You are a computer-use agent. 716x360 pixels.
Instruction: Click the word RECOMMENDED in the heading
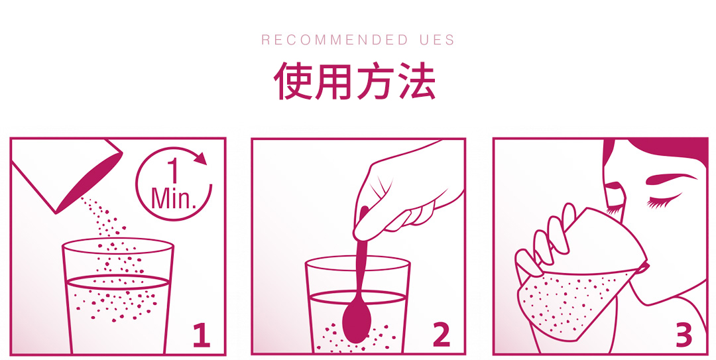pyautogui.click(x=328, y=40)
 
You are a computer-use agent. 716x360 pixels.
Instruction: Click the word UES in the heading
pyautogui.click(x=437, y=40)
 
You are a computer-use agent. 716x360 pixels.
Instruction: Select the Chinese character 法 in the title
pyautogui.click(x=417, y=82)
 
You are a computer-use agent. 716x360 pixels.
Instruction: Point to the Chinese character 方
pyautogui.click(x=375, y=82)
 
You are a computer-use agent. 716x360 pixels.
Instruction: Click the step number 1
pyautogui.click(x=202, y=335)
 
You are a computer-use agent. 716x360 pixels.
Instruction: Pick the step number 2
pyautogui.click(x=442, y=335)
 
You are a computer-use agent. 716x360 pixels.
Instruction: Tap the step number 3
pyautogui.click(x=684, y=335)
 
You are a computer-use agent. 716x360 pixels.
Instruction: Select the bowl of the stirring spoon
pyautogui.click(x=355, y=322)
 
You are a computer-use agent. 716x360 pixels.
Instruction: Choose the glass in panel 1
pyautogui.click(x=118, y=296)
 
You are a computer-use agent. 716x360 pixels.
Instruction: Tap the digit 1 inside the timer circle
pyautogui.click(x=172, y=171)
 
